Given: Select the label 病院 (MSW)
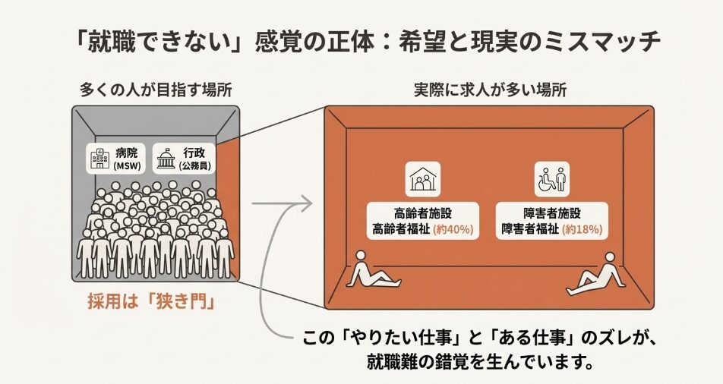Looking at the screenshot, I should click(126, 159).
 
